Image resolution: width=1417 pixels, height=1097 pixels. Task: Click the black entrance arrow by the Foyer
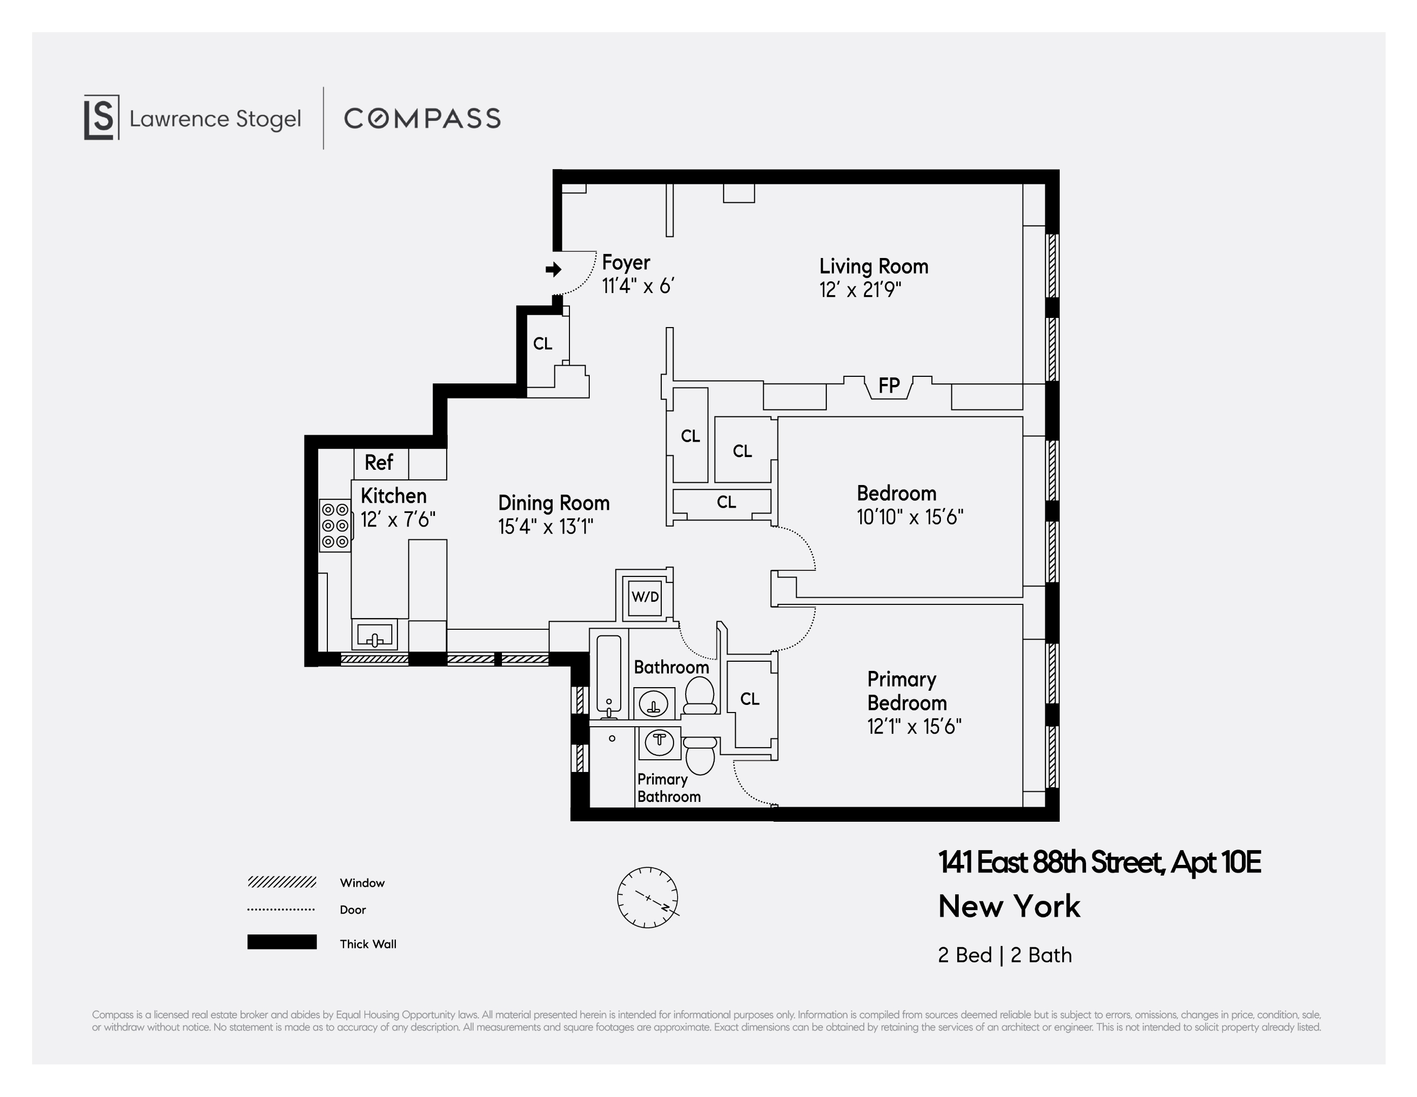click(553, 269)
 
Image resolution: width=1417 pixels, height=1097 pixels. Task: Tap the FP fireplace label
click(888, 385)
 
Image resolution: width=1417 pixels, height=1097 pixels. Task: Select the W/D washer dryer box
click(645, 597)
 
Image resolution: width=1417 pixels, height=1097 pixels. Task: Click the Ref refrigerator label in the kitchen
click(379, 463)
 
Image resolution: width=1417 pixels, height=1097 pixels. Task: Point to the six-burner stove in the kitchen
click(335, 525)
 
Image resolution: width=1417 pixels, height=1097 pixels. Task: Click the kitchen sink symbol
click(375, 634)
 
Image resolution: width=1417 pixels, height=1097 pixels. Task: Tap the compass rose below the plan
click(648, 897)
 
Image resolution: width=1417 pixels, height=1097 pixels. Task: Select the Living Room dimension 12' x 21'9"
click(860, 289)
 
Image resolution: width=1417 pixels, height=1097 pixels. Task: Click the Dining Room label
click(553, 503)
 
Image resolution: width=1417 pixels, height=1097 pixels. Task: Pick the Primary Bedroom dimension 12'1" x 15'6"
click(914, 726)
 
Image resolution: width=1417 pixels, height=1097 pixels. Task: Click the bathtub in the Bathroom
click(609, 675)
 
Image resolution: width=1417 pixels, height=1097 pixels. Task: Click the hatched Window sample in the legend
click(282, 882)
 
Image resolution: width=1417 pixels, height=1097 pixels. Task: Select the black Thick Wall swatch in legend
click(282, 942)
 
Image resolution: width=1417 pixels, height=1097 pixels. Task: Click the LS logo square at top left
click(101, 117)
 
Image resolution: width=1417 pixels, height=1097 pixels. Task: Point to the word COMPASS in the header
click(422, 119)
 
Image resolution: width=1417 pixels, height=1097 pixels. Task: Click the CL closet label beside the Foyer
click(543, 343)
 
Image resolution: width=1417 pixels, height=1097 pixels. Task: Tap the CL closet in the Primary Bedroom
click(750, 699)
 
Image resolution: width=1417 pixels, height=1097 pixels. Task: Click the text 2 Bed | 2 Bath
click(1004, 955)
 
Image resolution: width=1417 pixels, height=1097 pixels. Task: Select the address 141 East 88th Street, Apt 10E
click(1099, 863)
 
